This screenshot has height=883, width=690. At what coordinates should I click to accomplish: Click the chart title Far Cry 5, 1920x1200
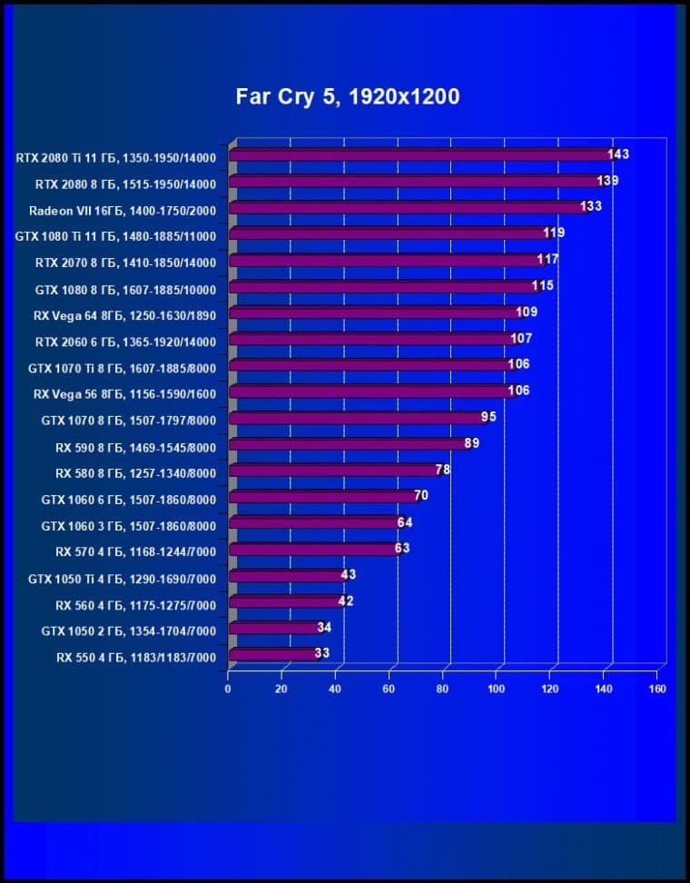tap(348, 96)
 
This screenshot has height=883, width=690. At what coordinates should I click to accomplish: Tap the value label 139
tap(608, 181)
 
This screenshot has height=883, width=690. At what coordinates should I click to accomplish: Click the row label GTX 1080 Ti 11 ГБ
tap(115, 236)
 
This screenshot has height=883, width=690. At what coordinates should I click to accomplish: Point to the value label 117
tap(547, 260)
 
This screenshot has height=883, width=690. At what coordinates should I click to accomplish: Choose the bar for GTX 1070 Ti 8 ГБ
tap(372, 365)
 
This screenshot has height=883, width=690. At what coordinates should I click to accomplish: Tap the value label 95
tap(488, 418)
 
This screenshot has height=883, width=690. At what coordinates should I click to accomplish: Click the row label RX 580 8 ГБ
tap(135, 473)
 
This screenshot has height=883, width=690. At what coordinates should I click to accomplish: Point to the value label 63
tap(402, 549)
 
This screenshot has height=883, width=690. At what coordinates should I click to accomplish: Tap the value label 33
tap(321, 653)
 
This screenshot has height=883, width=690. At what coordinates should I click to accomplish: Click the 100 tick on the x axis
tap(497, 689)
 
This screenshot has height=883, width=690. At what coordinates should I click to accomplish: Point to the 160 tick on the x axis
tap(658, 689)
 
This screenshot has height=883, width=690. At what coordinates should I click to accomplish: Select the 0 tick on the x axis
tap(228, 689)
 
